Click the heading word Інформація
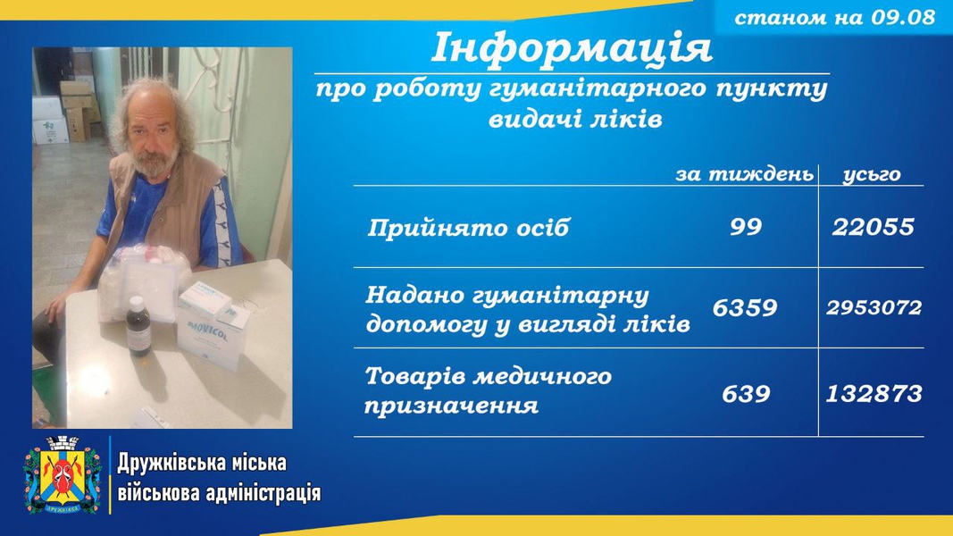point(572,48)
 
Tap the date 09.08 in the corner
point(903,17)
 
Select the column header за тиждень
point(745,174)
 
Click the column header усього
point(872,175)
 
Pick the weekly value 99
point(746,227)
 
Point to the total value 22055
point(873,227)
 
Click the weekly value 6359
point(745,307)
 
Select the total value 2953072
point(874,307)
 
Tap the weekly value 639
point(746,394)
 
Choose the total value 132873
point(874,394)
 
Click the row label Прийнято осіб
point(468,228)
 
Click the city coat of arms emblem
point(63,474)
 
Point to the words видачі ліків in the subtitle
point(575,119)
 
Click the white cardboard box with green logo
point(50,130)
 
